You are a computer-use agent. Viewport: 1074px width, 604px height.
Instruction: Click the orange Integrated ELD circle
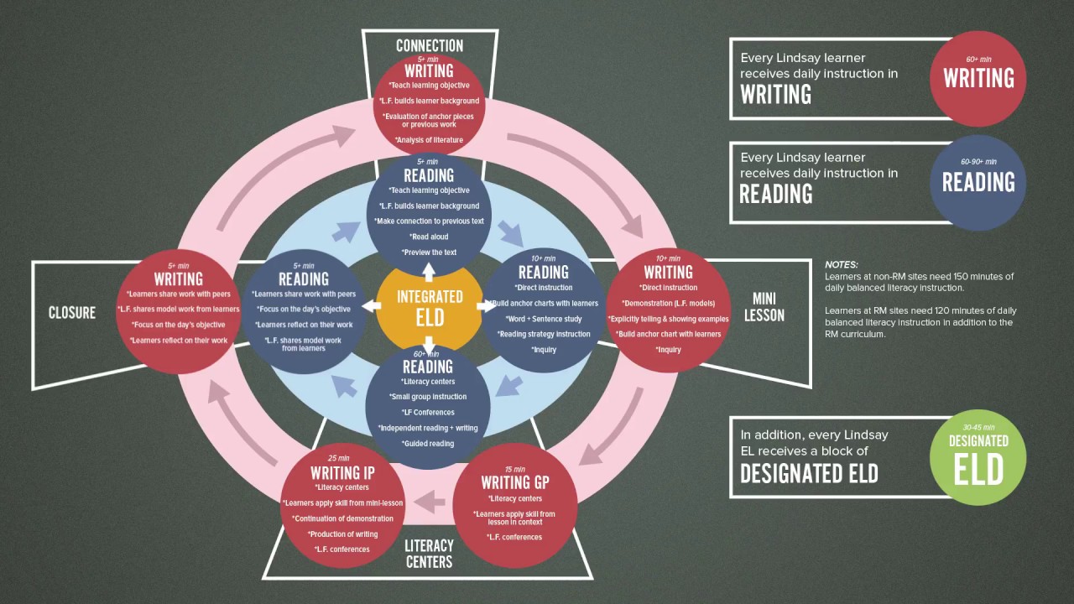(x=430, y=307)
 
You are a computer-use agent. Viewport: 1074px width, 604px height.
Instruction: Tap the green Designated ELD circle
(x=978, y=457)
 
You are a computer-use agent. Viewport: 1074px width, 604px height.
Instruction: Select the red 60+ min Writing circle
(x=978, y=78)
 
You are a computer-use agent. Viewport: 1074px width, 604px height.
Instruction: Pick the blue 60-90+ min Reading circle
(x=978, y=183)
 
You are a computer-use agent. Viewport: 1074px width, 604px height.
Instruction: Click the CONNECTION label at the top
(x=430, y=45)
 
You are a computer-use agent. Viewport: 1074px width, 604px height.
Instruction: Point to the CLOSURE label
(x=72, y=313)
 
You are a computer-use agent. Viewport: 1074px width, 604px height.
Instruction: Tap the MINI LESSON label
(x=764, y=307)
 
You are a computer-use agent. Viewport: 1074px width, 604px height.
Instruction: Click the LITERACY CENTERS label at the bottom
(x=430, y=554)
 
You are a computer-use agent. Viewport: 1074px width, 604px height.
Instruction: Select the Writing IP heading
(x=342, y=473)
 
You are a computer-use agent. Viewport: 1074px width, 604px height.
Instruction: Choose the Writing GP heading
(x=515, y=482)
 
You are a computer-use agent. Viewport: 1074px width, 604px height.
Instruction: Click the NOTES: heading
(x=842, y=264)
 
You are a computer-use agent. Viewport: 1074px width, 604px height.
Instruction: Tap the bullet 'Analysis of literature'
(x=429, y=140)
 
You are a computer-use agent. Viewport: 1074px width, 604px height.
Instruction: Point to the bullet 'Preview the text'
(x=429, y=252)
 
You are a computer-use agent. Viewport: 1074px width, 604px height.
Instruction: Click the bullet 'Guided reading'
(x=429, y=444)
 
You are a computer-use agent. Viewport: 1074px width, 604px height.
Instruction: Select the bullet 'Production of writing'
(x=342, y=534)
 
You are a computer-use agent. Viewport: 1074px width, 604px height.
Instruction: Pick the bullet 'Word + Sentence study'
(x=544, y=319)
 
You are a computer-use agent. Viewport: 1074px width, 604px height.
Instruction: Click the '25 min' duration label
(x=339, y=458)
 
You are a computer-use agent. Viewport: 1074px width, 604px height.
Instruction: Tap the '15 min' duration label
(x=514, y=468)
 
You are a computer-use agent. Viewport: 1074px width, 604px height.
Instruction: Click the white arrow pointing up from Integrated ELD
(x=429, y=272)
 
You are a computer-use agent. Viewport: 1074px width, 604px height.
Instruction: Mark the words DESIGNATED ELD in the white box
(x=809, y=474)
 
